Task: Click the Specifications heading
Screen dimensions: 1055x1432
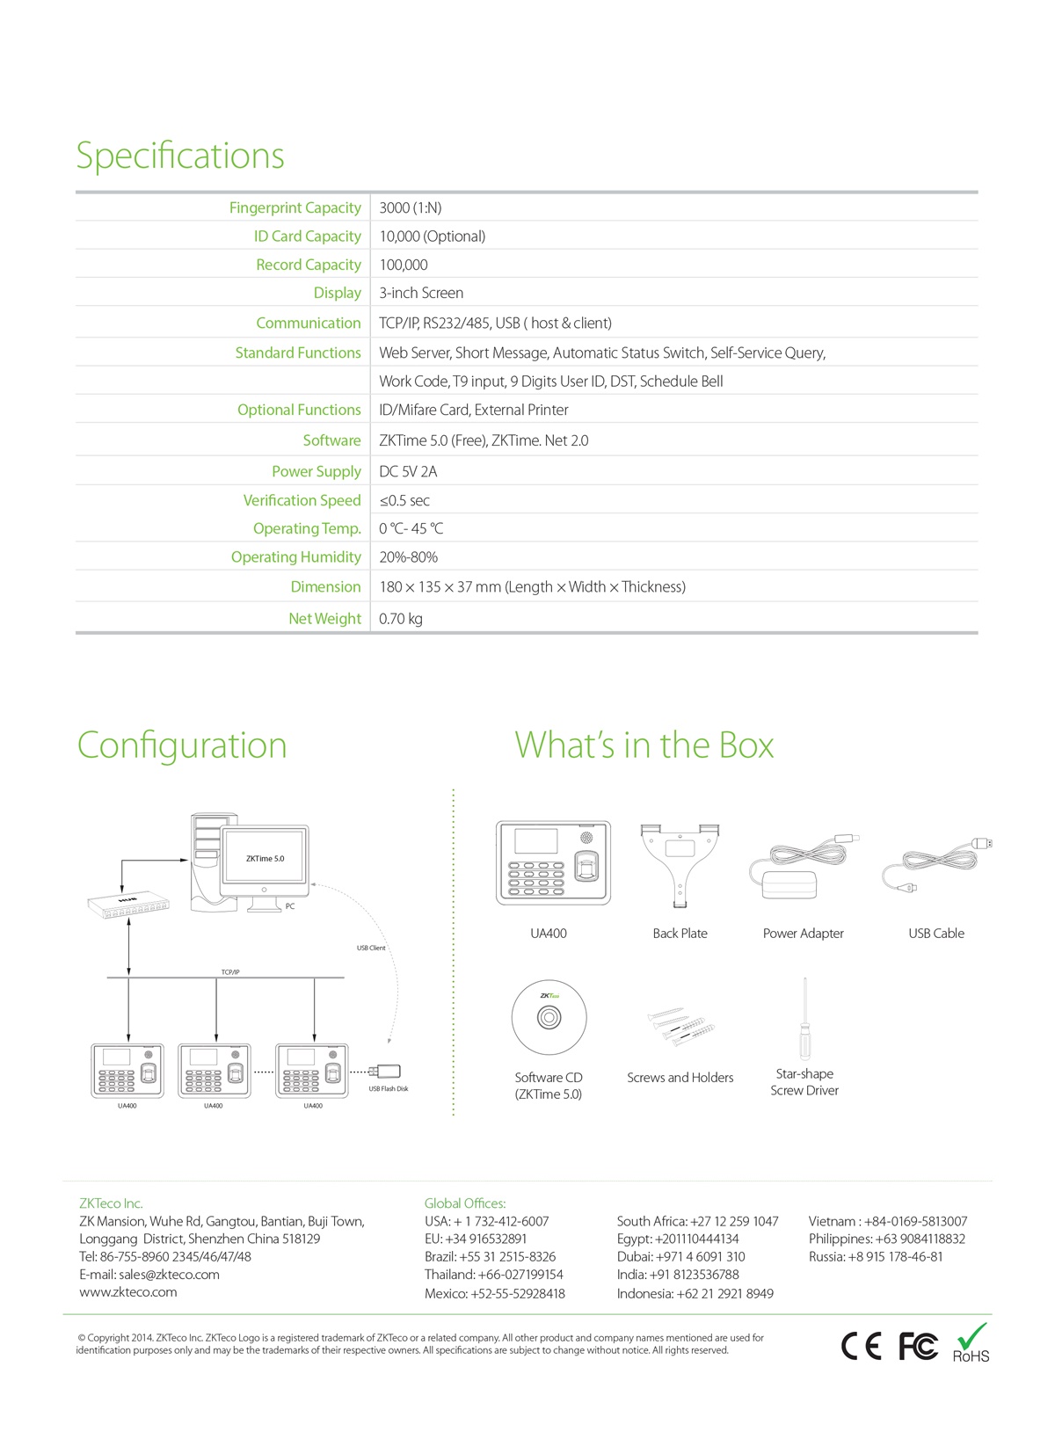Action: [179, 156]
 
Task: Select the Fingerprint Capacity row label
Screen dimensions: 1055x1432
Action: [295, 207]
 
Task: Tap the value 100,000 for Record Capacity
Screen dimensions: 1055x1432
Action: [404, 265]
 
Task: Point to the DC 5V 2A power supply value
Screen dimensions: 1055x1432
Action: [408, 472]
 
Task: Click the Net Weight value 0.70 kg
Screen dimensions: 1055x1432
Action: [400, 619]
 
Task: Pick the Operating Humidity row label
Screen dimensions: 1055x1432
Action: [296, 556]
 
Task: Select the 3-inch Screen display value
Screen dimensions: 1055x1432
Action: [421, 293]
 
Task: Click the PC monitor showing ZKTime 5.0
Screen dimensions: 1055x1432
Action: [265, 866]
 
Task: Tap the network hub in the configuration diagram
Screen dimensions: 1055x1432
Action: [128, 905]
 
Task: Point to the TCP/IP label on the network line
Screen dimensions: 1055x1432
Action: [230, 972]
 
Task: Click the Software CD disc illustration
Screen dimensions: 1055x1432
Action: [549, 1017]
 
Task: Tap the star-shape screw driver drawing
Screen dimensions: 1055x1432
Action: [805, 1018]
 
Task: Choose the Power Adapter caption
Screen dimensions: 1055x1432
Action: [803, 934]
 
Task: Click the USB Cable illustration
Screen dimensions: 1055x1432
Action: [937, 863]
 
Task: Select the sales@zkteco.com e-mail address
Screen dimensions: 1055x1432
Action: [169, 1274]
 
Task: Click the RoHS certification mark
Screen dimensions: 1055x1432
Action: [971, 1344]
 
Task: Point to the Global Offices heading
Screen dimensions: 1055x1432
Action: [465, 1203]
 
